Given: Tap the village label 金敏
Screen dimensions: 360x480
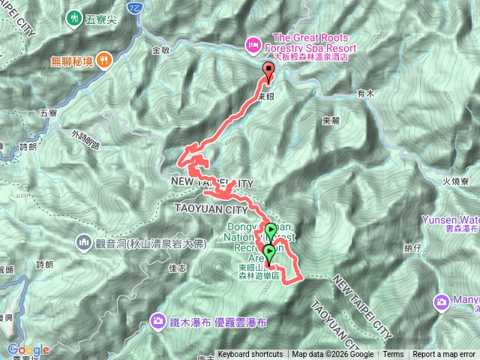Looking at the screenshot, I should click(x=161, y=50).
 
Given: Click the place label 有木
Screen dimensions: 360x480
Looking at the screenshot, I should click(x=365, y=93).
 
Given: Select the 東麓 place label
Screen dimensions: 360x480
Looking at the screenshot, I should click(x=331, y=120).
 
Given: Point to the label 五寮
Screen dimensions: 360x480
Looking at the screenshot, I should click(x=48, y=113).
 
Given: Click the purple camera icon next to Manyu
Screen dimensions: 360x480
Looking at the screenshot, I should click(x=442, y=301).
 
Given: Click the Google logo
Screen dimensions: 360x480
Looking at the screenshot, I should click(x=28, y=349).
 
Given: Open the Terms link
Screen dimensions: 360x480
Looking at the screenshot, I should click(x=393, y=355).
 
